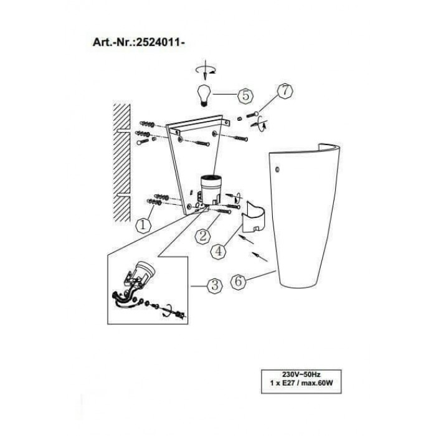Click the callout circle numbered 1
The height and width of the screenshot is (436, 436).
pos(143,224)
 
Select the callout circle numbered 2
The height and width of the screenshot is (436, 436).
pos(201,236)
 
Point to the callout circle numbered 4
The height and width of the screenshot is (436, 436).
pos(218,251)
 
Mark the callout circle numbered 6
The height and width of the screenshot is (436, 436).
pos(239,281)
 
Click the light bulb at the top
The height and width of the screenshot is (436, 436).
pos(202,95)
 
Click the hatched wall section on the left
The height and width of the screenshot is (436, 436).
pos(122,162)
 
